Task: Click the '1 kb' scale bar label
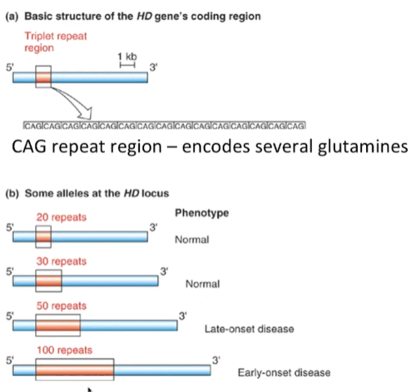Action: click(x=127, y=57)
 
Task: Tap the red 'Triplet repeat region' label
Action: click(x=56, y=41)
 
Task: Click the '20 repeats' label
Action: click(x=61, y=217)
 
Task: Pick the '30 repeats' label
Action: click(x=61, y=261)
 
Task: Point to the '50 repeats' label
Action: click(x=61, y=306)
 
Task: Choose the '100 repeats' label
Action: click(x=64, y=350)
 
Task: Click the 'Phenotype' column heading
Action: click(x=202, y=213)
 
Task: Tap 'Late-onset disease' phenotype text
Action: click(x=249, y=329)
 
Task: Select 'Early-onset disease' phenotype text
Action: click(x=284, y=373)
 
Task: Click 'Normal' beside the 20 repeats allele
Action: click(x=192, y=240)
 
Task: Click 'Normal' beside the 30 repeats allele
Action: click(x=203, y=284)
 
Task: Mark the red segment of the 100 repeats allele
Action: click(x=75, y=370)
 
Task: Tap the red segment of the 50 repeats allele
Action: click(x=58, y=326)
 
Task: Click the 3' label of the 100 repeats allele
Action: click(x=216, y=360)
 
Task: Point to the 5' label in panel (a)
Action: click(x=10, y=68)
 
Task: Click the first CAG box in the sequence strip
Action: click(x=33, y=126)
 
